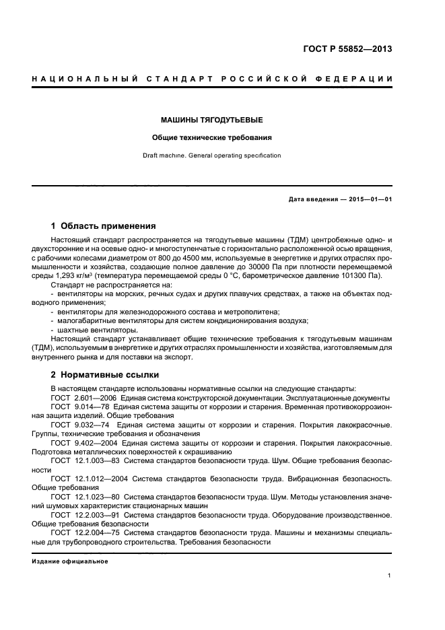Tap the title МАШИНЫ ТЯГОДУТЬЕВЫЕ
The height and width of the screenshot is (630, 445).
(211, 120)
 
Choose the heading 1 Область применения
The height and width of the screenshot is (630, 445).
(104, 226)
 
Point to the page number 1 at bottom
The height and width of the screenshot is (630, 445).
(390, 575)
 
